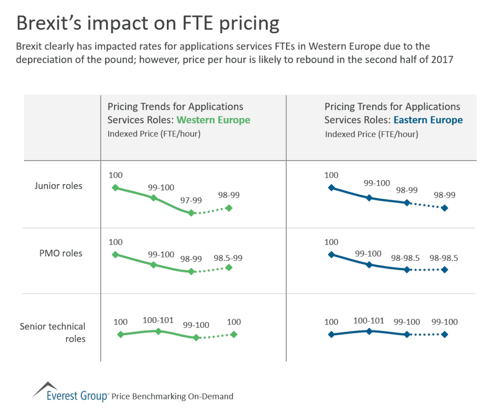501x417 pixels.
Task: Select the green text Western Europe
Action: click(213, 120)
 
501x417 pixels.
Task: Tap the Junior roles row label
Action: click(58, 186)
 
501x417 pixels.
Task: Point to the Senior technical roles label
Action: click(52, 332)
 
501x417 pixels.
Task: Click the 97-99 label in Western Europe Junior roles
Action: click(191, 201)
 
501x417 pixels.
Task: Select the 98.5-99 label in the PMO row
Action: click(228, 258)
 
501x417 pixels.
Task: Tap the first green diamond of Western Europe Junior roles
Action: click(115, 187)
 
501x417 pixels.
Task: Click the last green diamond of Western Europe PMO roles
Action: click(229, 267)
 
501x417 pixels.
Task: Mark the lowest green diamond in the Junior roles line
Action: click(191, 213)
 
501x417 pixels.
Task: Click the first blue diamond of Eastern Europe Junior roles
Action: click(331, 187)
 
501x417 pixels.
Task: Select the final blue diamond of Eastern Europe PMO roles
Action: click(444, 270)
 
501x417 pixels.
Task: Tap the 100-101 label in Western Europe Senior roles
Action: click(158, 321)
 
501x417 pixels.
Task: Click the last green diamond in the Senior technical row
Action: click(234, 334)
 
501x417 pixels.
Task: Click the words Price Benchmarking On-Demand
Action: click(172, 396)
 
